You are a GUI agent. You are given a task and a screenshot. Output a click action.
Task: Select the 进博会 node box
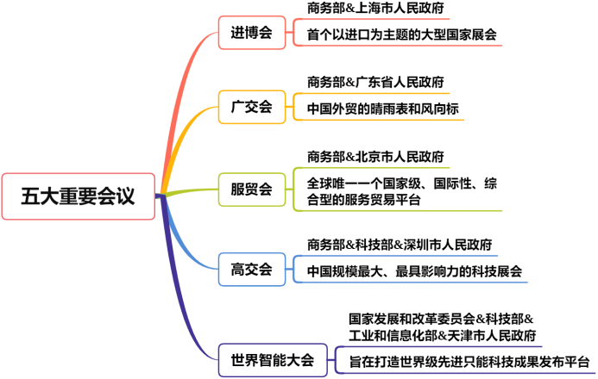[251, 34]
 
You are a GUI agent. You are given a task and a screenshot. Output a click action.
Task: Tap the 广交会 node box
[251, 108]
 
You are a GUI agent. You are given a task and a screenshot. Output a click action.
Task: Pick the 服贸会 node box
[251, 189]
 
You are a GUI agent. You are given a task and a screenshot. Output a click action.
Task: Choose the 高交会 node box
[251, 269]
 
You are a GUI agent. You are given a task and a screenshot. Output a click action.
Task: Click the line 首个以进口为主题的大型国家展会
[402, 35]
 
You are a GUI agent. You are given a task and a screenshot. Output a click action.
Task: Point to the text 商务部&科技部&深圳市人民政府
[400, 245]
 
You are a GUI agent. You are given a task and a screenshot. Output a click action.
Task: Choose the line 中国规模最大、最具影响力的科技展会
[415, 271]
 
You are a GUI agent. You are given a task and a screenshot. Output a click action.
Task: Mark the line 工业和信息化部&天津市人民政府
[442, 335]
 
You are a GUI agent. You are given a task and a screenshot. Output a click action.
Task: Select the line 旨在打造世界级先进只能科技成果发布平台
[469, 361]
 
